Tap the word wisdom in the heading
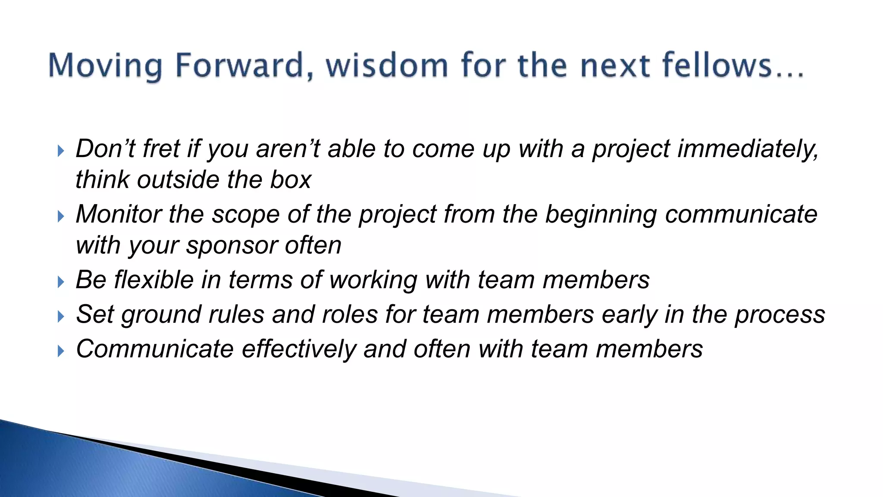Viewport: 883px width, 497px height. point(387,65)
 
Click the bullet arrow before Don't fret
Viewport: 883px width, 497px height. point(61,151)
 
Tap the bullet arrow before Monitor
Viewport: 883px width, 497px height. point(61,216)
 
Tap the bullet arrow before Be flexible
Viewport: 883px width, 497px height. point(61,282)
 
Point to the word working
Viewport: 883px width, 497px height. point(373,280)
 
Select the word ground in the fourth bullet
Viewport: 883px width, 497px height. point(161,315)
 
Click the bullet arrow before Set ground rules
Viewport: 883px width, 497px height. point(61,317)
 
